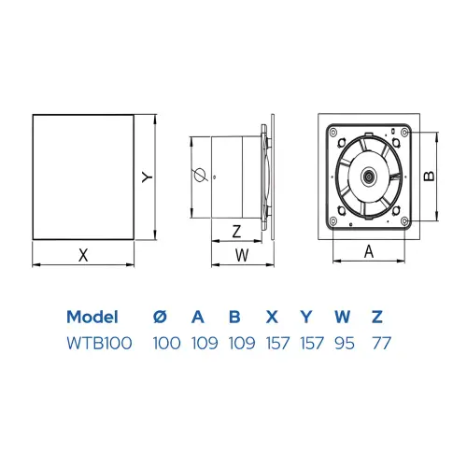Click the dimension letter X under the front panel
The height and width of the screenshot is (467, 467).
point(83,255)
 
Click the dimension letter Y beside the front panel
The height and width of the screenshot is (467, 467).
point(148,177)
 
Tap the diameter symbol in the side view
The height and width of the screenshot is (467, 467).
point(201,176)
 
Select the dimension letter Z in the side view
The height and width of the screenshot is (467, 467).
point(237,232)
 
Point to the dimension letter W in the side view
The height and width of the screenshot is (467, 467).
point(242,255)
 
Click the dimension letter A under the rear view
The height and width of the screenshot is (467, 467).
point(369,251)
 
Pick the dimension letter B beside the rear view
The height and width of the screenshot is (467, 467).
point(430,177)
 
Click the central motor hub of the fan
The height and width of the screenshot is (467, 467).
point(369,177)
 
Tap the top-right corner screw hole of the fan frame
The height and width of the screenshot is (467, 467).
point(404,133)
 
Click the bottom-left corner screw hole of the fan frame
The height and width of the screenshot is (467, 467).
point(333,221)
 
